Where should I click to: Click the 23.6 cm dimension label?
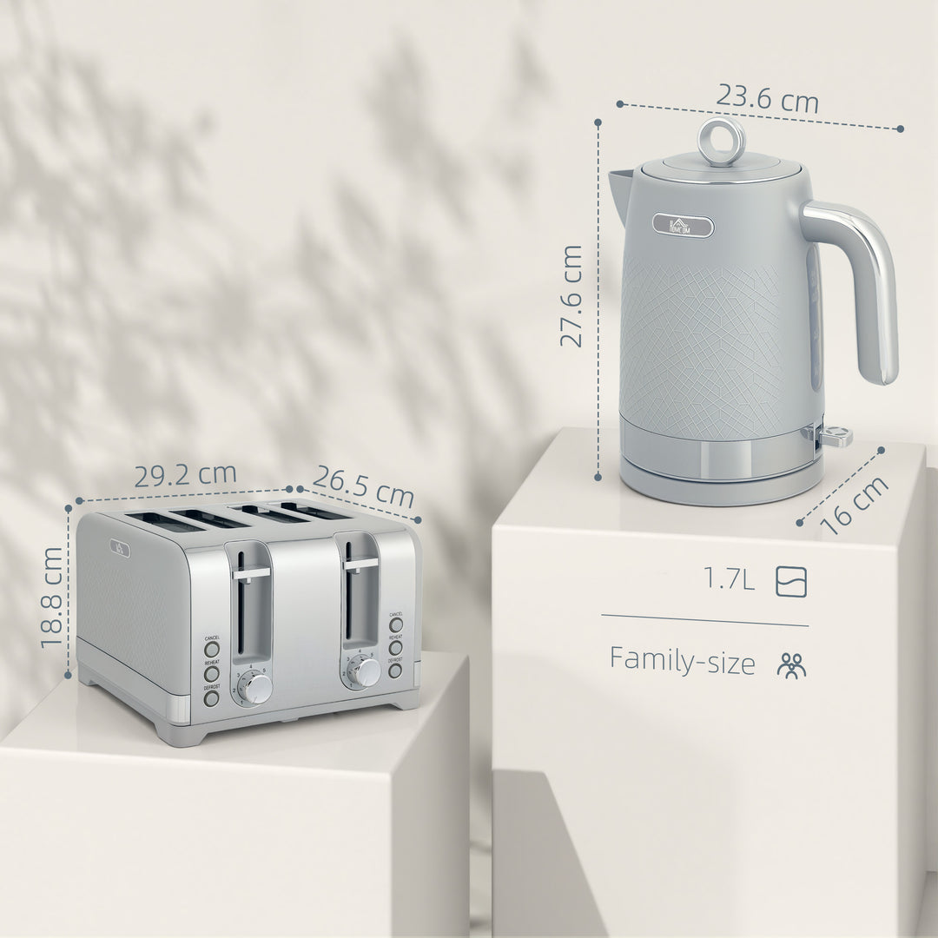coord(766,100)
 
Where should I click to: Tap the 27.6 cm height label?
coord(571,295)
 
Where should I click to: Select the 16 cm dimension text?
coord(855,505)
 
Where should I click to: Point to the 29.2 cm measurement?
coord(185,474)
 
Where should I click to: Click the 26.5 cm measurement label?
coord(363,487)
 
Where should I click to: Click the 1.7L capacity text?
coord(730,579)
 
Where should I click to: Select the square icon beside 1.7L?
coord(791,580)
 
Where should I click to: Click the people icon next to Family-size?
coord(791,664)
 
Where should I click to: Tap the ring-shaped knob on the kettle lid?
coord(722,140)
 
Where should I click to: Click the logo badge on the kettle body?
coord(684,227)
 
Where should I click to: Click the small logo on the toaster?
coord(118,548)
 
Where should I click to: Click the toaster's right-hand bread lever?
coord(360,565)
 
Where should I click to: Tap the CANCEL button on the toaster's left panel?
coord(212,649)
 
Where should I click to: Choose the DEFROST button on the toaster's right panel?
coord(395,670)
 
